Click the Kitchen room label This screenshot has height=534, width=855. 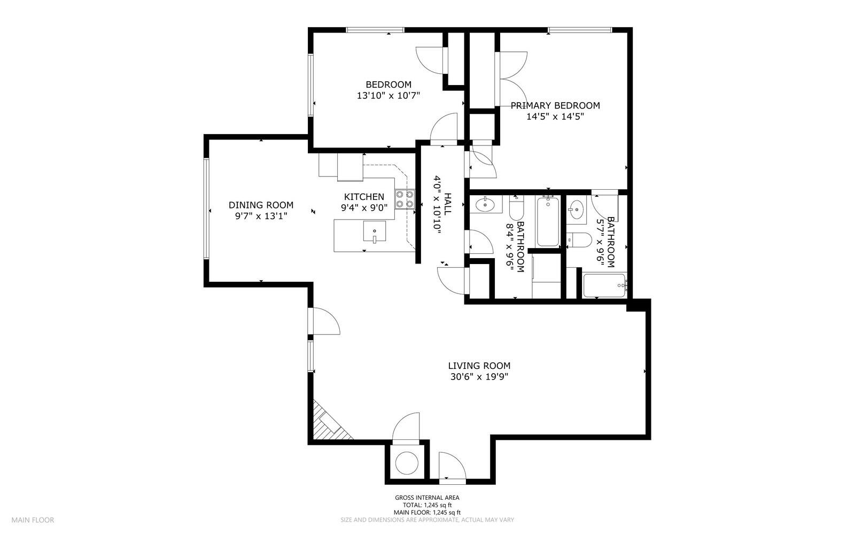tap(364, 197)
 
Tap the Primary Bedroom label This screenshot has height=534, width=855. tap(555, 105)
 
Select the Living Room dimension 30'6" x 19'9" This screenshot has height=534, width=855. tap(479, 377)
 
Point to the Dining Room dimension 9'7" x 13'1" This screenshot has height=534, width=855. tap(261, 216)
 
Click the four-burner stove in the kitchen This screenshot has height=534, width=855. tap(405, 199)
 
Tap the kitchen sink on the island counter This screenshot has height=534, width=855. tap(374, 231)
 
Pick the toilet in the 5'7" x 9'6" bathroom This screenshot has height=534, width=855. tap(579, 240)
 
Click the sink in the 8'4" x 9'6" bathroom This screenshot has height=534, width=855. tap(485, 204)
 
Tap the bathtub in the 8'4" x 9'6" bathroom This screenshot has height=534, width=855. tap(548, 221)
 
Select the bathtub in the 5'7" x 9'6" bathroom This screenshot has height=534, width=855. tap(605, 285)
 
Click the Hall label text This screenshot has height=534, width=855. tap(448, 204)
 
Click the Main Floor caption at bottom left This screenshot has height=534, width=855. tap(33, 520)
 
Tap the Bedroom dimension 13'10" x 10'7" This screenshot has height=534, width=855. tap(388, 95)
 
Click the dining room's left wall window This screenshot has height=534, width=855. tap(206, 209)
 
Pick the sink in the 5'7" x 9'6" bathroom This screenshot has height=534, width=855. tap(576, 209)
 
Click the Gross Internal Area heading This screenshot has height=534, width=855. tap(427, 497)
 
